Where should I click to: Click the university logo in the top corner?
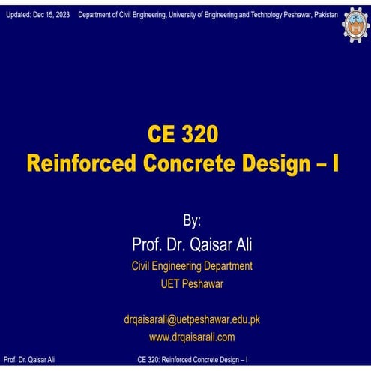355,24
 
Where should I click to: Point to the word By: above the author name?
192,222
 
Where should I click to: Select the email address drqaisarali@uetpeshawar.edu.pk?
192,319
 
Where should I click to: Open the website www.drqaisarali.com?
192,337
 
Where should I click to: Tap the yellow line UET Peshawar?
191,283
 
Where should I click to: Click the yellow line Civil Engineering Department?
192,265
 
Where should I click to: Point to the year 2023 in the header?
61,15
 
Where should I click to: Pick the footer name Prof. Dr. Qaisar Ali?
29,360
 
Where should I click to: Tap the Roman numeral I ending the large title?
334,163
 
